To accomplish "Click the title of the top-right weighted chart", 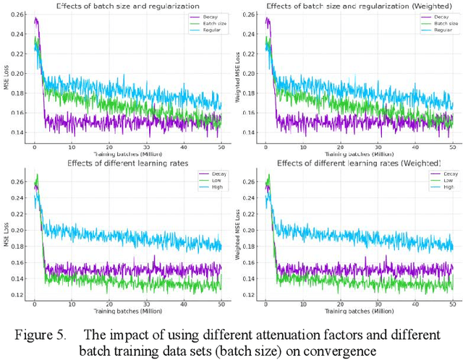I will (x=351, y=7).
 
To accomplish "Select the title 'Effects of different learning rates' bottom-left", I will (x=126, y=163).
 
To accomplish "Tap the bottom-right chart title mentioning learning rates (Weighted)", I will (x=351, y=163).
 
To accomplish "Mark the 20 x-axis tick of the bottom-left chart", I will (x=109, y=304).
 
